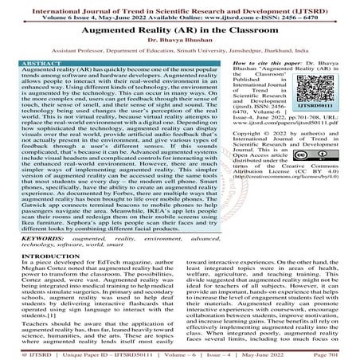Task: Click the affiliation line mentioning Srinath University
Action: click(x=179, y=59)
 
